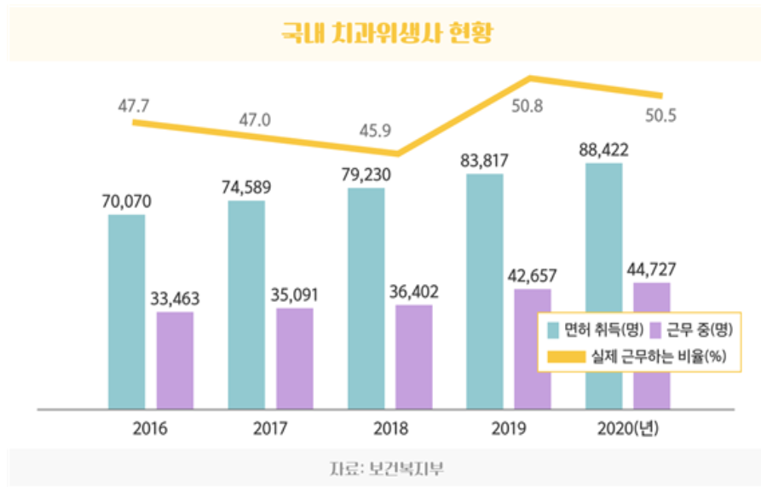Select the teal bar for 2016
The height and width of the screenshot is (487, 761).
126,311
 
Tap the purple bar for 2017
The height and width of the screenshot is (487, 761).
295,358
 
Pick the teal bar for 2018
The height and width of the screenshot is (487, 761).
366,299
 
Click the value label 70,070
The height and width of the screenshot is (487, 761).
125,203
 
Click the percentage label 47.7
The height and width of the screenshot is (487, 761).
133,107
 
